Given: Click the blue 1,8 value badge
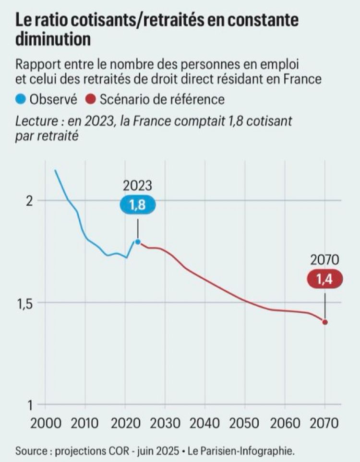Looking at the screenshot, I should pyautogui.click(x=137, y=205).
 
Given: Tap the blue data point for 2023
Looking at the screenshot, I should pyautogui.click(x=138, y=242).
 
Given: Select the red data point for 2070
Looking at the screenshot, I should pyautogui.click(x=325, y=322).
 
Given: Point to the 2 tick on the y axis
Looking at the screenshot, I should pyautogui.click(x=28, y=201).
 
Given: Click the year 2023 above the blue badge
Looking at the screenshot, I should pyautogui.click(x=137, y=185).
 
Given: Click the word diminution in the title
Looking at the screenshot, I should pyautogui.click(x=53, y=39).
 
